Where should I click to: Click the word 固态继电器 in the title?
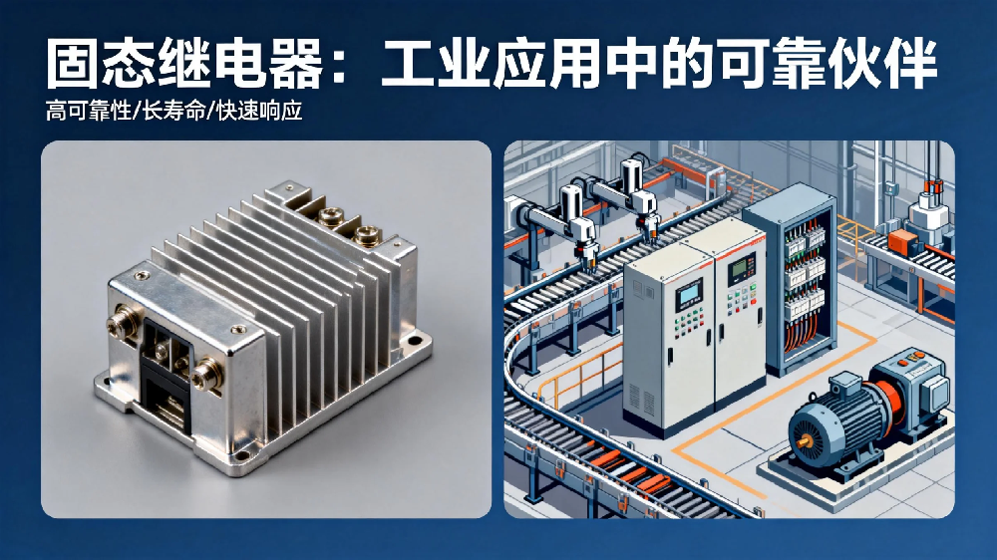(185, 64)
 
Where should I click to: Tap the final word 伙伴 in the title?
(882, 64)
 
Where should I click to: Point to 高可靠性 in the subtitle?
(89, 112)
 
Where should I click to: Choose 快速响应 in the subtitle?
(259, 112)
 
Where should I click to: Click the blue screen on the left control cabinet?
(688, 296)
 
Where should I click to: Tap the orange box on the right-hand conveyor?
(901, 241)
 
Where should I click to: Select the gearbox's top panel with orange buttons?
(912, 360)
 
